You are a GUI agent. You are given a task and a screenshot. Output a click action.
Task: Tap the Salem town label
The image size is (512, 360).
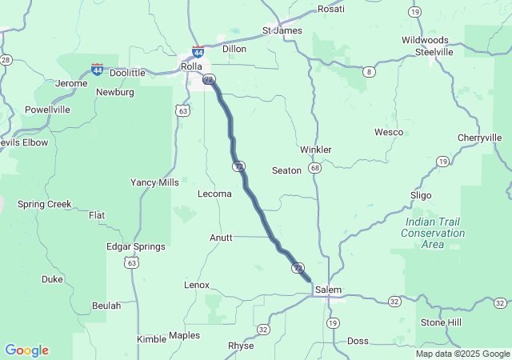[x=328, y=289]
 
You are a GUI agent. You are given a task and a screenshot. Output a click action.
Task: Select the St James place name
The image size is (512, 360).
[x=282, y=30]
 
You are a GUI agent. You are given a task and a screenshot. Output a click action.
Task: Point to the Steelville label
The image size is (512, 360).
[x=434, y=51]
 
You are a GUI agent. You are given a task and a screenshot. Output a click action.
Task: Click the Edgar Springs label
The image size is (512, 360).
[x=136, y=246]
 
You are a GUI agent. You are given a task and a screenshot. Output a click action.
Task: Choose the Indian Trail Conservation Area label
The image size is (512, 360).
[x=434, y=233]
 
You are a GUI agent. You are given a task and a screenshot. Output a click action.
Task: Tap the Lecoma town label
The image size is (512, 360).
[x=214, y=194]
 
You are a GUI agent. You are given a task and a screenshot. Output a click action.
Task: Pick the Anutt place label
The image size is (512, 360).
[x=221, y=238]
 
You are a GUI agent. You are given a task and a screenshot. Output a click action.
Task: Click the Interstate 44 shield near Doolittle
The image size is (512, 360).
[x=97, y=70]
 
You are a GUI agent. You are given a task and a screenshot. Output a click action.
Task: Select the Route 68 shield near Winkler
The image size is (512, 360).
[x=315, y=168]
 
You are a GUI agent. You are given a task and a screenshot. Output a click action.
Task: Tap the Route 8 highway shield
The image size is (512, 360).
[x=369, y=72]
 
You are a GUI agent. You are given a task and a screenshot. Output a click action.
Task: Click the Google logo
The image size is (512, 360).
[x=26, y=350]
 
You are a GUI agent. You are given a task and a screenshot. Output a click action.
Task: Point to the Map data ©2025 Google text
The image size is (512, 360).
[x=462, y=354]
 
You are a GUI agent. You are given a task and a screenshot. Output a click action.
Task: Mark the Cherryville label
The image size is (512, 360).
[x=479, y=138]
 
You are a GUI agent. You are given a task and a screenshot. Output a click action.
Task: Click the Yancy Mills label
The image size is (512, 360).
[x=155, y=182]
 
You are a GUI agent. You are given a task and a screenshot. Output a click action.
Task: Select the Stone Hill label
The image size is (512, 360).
[x=442, y=322]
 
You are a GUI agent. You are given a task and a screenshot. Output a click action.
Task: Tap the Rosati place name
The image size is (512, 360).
[x=331, y=9]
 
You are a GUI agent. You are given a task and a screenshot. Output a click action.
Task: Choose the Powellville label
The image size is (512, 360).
[x=47, y=110]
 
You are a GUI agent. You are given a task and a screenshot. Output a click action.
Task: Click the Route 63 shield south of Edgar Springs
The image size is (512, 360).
[x=131, y=262]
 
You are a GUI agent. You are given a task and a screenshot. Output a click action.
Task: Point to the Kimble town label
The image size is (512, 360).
[x=151, y=339]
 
